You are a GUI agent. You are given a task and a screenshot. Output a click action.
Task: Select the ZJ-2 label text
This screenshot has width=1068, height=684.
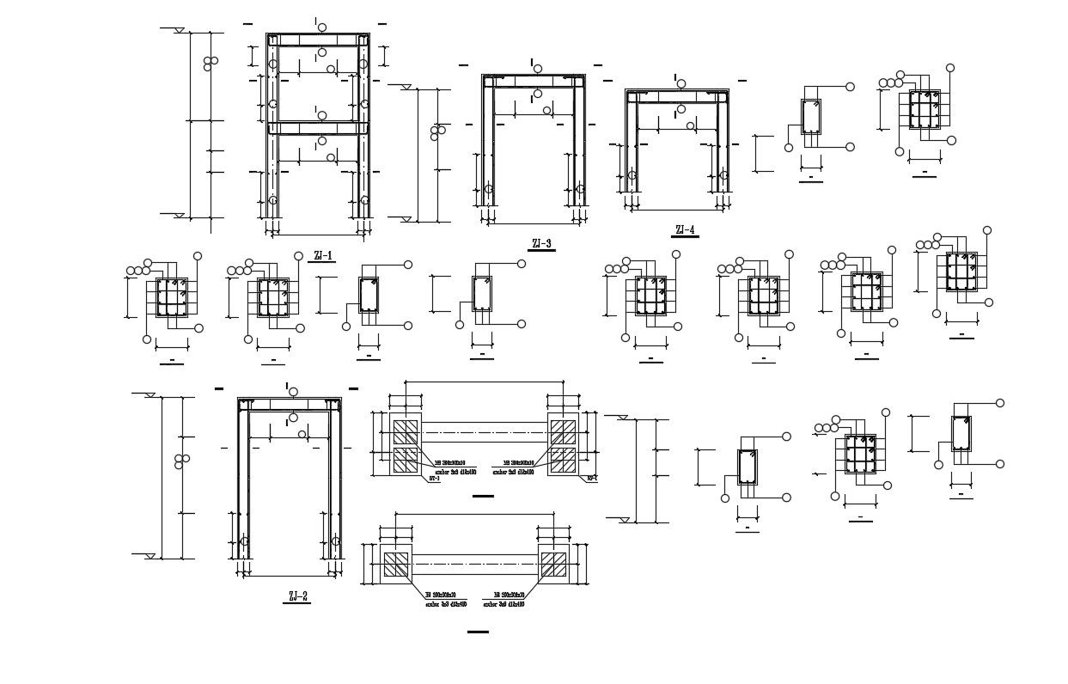pyautogui.click(x=296, y=595)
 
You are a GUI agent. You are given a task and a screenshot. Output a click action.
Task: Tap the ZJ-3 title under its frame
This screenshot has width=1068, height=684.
pyautogui.click(x=541, y=243)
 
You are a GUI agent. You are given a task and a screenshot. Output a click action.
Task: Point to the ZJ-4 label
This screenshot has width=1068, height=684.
pyautogui.click(x=685, y=229)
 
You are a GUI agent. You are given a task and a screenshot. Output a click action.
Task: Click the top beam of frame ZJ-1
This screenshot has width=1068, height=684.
pyautogui.click(x=318, y=40)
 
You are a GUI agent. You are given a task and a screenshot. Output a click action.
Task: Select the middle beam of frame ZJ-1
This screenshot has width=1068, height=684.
pyautogui.click(x=318, y=128)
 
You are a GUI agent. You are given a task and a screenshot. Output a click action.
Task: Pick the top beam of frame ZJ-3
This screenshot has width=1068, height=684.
pyautogui.click(x=533, y=81)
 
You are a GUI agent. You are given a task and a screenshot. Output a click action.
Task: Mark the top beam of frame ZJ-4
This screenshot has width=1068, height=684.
pyautogui.click(x=676, y=95)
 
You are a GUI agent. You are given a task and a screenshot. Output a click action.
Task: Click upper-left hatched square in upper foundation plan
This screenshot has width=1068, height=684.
pyautogui.click(x=405, y=430)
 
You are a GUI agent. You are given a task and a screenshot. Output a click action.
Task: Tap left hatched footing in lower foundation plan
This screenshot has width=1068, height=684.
pyautogui.click(x=396, y=565)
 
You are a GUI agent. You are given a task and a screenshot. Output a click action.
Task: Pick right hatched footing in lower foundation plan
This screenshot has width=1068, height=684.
pyautogui.click(x=553, y=565)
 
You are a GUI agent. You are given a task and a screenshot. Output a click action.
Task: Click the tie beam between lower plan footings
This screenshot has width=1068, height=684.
pyautogui.click(x=474, y=565)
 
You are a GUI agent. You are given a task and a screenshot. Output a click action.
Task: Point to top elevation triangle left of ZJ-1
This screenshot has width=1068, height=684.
pyautogui.click(x=180, y=31)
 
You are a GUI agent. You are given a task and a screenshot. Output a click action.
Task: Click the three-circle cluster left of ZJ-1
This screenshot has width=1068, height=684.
pyautogui.click(x=210, y=64)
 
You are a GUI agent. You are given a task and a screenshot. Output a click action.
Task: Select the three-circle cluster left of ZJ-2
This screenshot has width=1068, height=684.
pyautogui.click(x=181, y=461)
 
